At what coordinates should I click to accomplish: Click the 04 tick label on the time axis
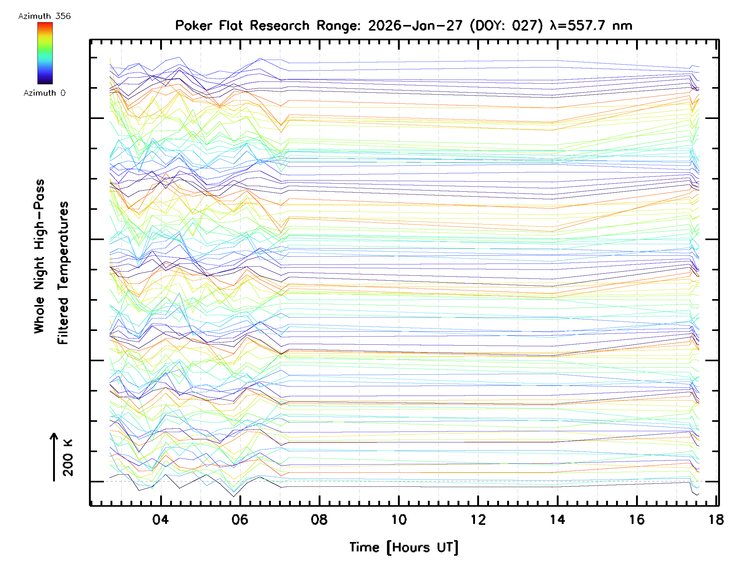[x=160, y=520]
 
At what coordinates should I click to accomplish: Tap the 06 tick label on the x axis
[x=240, y=520]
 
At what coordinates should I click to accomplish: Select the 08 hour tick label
[x=319, y=520]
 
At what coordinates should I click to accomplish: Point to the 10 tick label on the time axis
[x=399, y=520]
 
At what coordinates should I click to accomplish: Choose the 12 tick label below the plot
[x=478, y=520]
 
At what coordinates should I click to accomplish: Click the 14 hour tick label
[x=557, y=520]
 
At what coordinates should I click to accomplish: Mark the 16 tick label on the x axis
[x=637, y=520]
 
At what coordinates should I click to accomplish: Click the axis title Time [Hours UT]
[x=404, y=547]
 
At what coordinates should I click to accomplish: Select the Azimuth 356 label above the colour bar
[x=44, y=16]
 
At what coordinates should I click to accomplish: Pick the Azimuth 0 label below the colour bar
[x=44, y=93]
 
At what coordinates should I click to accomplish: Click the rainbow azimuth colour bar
[x=45, y=53]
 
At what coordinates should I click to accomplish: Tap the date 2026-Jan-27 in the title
[x=415, y=26]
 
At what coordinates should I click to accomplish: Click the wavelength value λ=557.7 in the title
[x=579, y=26]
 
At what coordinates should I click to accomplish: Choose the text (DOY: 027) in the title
[x=506, y=26]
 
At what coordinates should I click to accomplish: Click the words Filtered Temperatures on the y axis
[x=63, y=273]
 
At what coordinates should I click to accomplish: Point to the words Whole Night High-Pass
[x=39, y=256]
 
